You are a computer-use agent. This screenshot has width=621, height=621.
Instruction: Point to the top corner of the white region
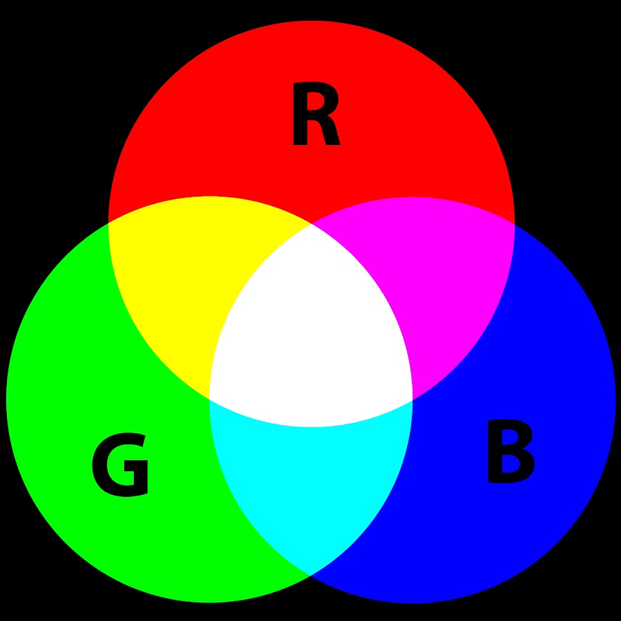click(311, 224)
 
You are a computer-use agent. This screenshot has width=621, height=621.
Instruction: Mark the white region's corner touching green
click(210, 398)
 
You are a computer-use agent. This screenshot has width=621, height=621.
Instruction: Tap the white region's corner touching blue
click(413, 400)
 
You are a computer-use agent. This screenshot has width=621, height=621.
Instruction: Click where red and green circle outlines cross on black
click(108, 223)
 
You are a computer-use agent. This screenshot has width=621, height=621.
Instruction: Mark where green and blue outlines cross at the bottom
click(310, 575)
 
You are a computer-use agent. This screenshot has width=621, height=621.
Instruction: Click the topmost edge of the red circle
click(311, 21)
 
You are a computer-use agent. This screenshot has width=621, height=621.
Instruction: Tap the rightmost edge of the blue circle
click(615, 400)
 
